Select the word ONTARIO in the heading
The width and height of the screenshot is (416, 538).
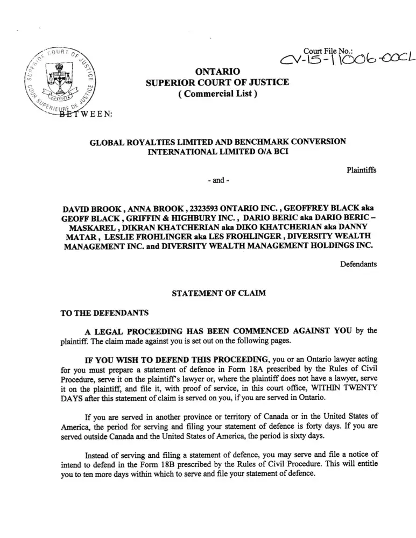click(x=217, y=71)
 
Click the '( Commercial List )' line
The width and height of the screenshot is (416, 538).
click(x=217, y=94)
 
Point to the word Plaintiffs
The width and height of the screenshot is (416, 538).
click(x=361, y=170)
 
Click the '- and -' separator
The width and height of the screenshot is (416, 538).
click(x=218, y=181)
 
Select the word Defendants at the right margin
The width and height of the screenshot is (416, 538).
click(x=359, y=264)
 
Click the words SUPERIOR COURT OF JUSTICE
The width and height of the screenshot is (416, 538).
click(x=217, y=82)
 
